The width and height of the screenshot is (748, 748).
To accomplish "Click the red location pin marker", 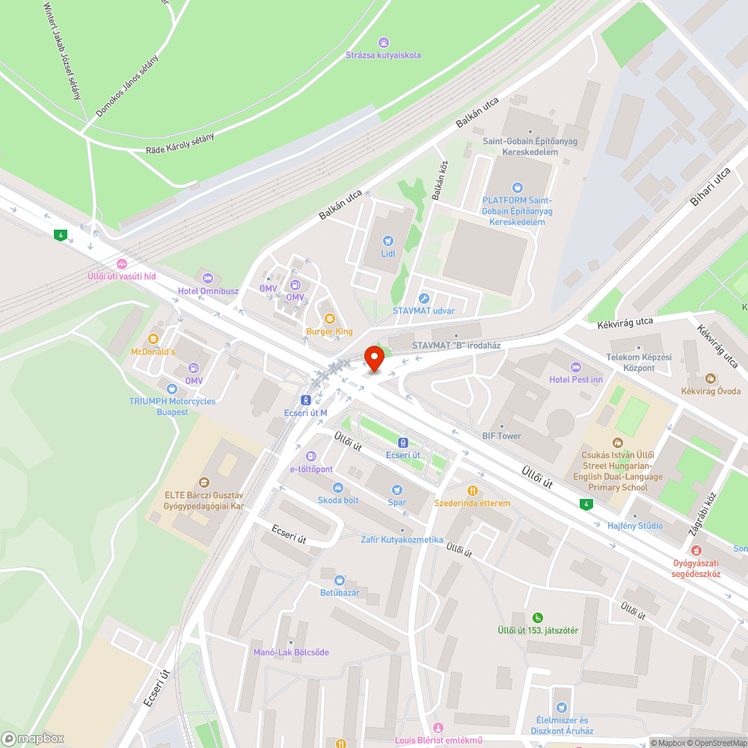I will (373, 358).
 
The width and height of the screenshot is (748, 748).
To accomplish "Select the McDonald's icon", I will (153, 339).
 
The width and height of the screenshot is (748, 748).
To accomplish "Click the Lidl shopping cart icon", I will (387, 241).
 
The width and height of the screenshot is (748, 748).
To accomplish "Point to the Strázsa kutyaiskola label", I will (383, 55).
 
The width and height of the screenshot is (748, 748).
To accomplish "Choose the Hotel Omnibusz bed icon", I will (207, 278).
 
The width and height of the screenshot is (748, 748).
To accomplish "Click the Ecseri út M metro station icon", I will (306, 400).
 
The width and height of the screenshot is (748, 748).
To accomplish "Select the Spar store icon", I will (397, 489).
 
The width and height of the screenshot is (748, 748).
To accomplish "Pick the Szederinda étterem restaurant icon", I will (472, 491).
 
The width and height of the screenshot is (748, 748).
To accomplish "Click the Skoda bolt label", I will (338, 500).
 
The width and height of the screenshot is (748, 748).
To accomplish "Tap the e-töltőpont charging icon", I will (311, 456).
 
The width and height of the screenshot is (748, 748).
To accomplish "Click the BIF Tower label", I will (501, 435).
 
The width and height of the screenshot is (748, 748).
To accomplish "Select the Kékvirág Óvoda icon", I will (711, 378).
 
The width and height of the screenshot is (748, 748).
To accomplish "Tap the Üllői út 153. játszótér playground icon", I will (538, 617).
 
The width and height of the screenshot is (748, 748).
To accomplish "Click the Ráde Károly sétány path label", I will (180, 144).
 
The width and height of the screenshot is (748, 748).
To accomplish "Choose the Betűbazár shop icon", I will (340, 580).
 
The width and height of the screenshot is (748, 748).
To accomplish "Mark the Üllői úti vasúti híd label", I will (121, 276).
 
